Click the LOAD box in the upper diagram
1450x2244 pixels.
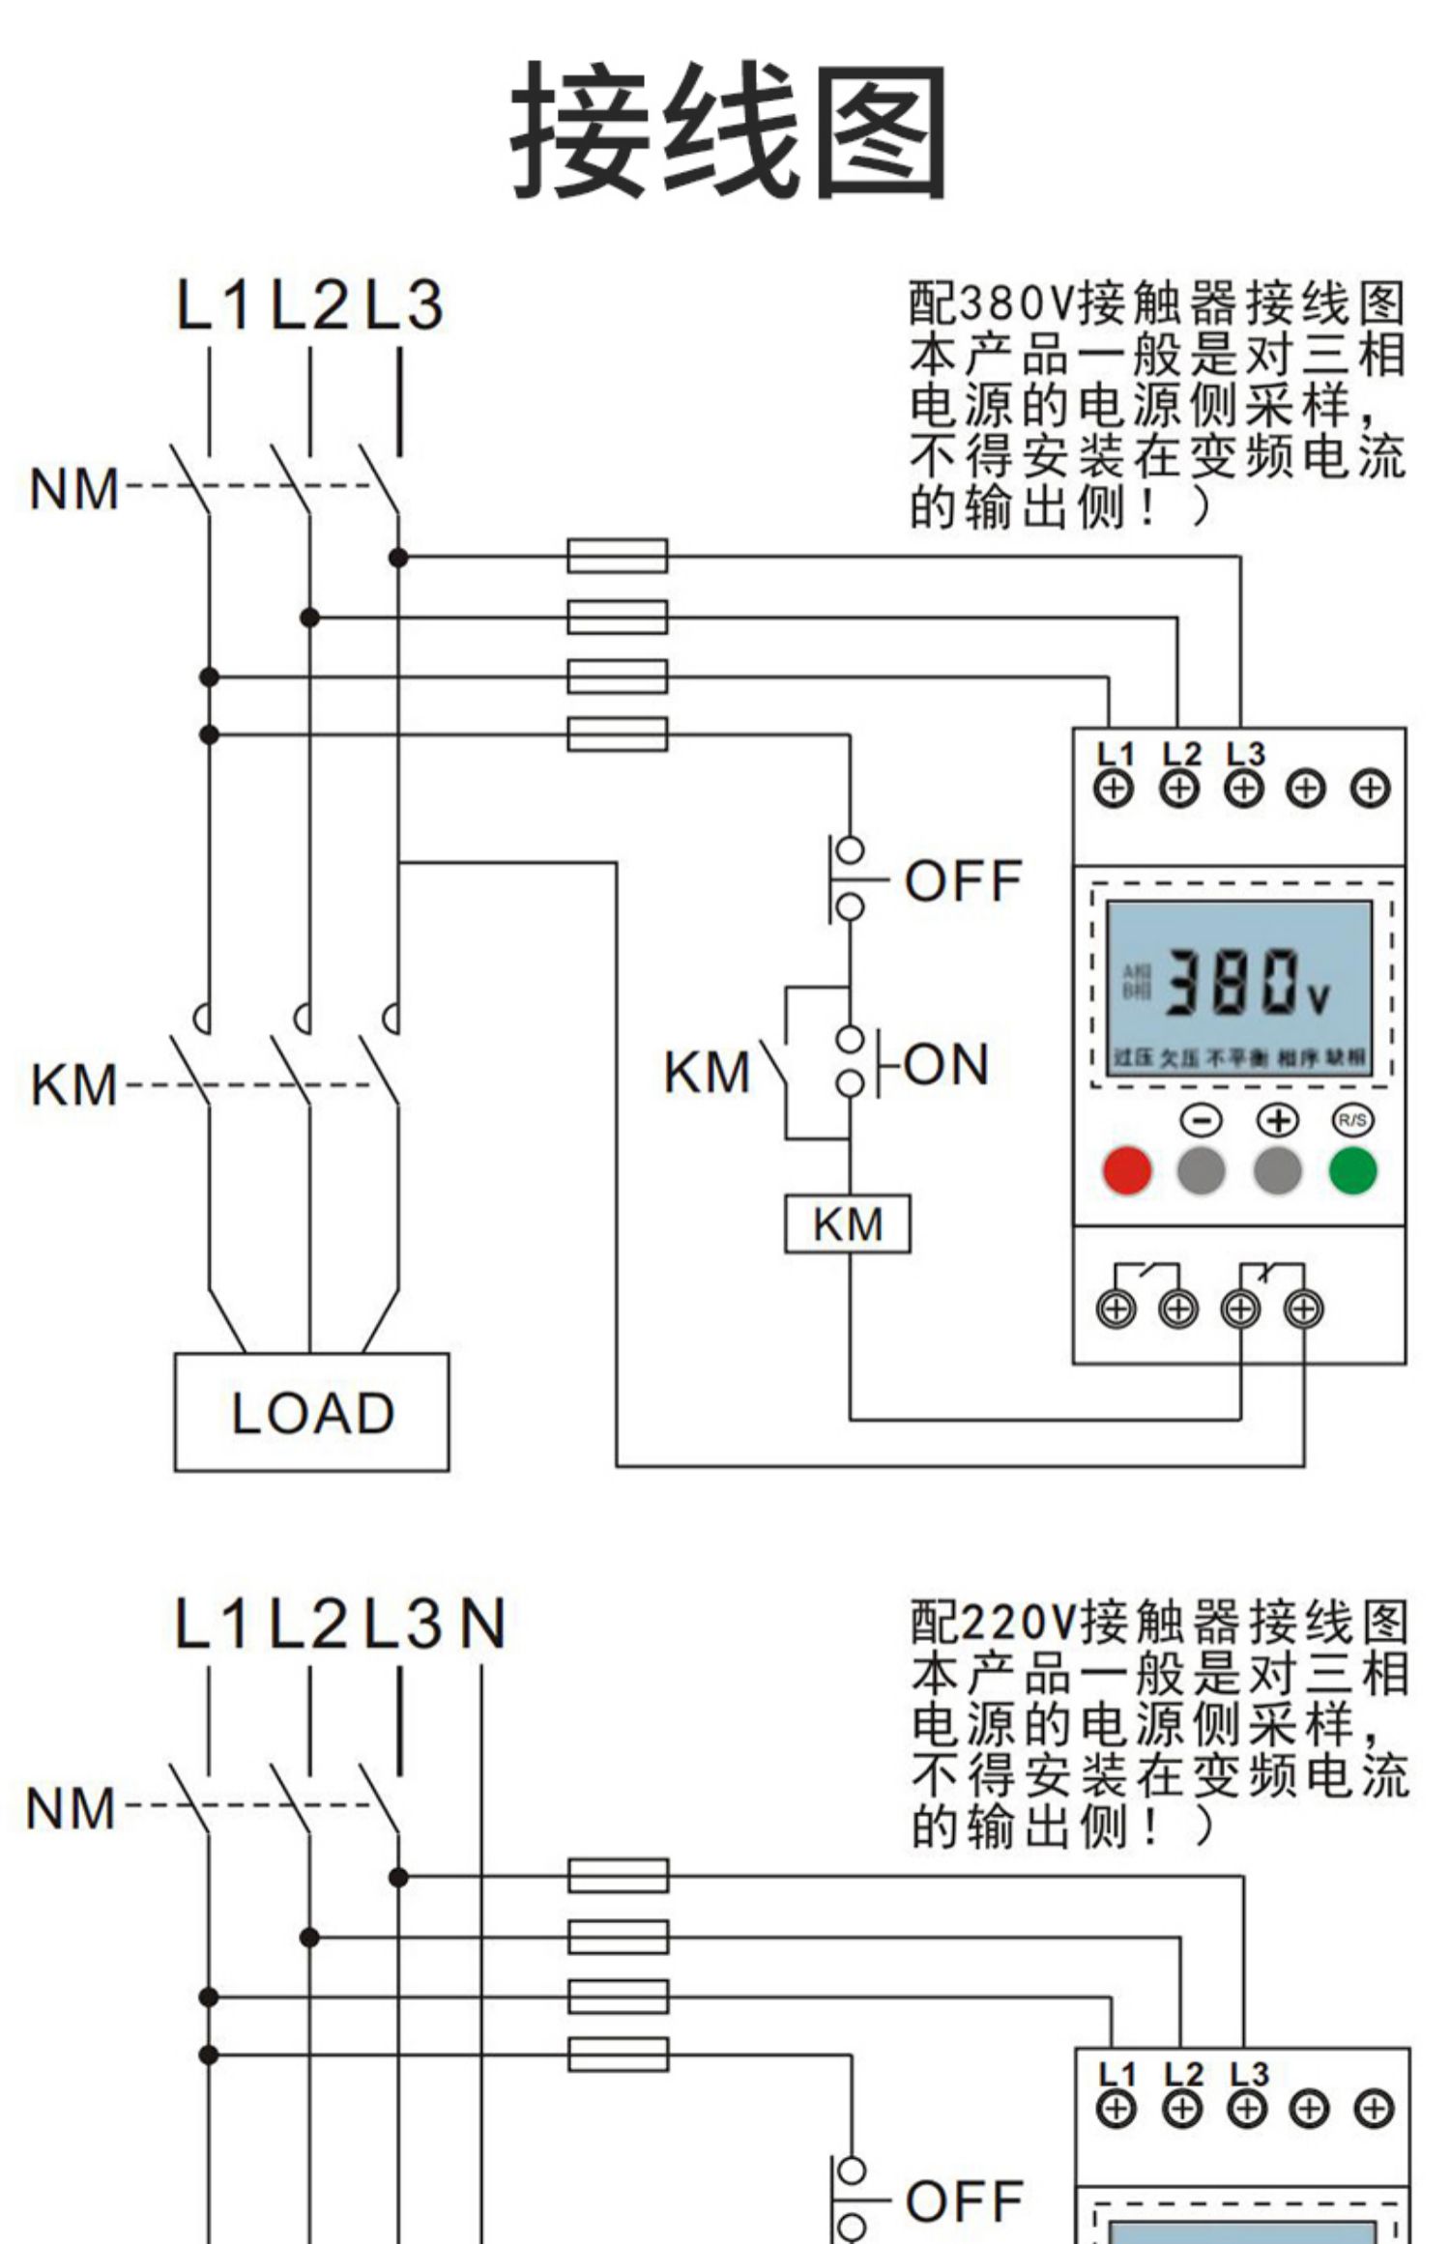click(x=311, y=1413)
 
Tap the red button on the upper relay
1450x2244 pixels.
click(x=1127, y=1170)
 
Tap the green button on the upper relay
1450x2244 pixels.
click(x=1352, y=1170)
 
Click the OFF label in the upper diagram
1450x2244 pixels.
click(x=963, y=880)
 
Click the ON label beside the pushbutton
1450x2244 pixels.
click(x=945, y=1064)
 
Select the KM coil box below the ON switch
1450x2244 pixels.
click(x=847, y=1224)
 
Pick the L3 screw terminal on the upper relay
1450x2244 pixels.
click(x=1243, y=789)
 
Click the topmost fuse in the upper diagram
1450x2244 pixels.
click(x=617, y=556)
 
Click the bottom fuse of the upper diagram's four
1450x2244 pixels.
click(x=617, y=734)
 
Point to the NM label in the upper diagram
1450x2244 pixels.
click(x=73, y=489)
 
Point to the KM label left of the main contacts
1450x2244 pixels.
click(x=73, y=1084)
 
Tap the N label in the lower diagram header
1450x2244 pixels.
click(x=482, y=1625)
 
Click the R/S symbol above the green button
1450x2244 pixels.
click(x=1351, y=1120)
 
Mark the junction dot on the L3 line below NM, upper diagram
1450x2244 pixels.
click(x=398, y=558)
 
